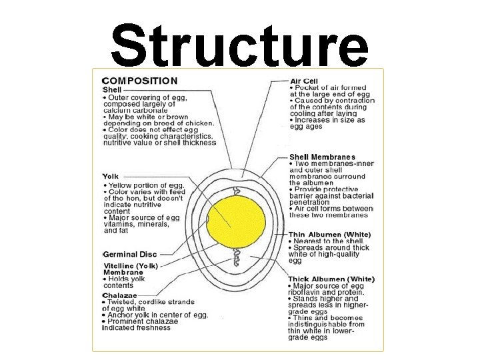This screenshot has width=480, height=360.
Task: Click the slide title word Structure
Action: pos(239,39)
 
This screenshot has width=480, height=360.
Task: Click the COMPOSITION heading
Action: pos(139,81)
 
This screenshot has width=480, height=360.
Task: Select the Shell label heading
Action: pos(112,90)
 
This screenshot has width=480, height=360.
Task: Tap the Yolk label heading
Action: pos(111,177)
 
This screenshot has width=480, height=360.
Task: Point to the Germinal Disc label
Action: pos(130,254)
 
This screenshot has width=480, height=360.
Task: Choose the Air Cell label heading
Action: pos(304,81)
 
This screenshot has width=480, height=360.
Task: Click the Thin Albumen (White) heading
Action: pos(329,234)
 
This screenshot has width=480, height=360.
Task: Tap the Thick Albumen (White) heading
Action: pos(331,279)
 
